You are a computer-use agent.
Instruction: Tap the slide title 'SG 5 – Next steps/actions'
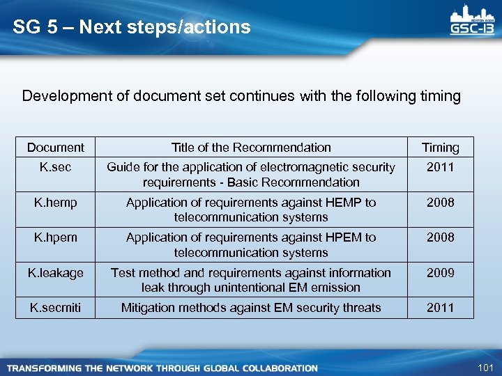(x=132, y=27)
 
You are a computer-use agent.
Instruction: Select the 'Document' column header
(x=55, y=148)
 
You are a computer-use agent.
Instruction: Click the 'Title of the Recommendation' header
(x=251, y=148)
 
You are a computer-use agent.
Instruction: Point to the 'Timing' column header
(x=441, y=148)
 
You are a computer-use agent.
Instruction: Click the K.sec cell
(x=55, y=167)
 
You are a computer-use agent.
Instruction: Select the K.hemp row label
(x=55, y=203)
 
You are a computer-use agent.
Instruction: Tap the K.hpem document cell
(x=55, y=237)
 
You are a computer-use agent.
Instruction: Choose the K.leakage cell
(x=55, y=273)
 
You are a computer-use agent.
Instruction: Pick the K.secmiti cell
(x=55, y=308)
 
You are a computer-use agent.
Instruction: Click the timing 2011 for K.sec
(x=441, y=167)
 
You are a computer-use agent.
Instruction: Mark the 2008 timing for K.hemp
(x=441, y=203)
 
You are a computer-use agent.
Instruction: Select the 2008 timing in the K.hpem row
(x=441, y=237)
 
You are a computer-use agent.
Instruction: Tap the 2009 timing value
(x=441, y=273)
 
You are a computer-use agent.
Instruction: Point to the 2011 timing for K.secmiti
(x=441, y=308)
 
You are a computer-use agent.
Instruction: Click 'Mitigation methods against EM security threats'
(x=251, y=308)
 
